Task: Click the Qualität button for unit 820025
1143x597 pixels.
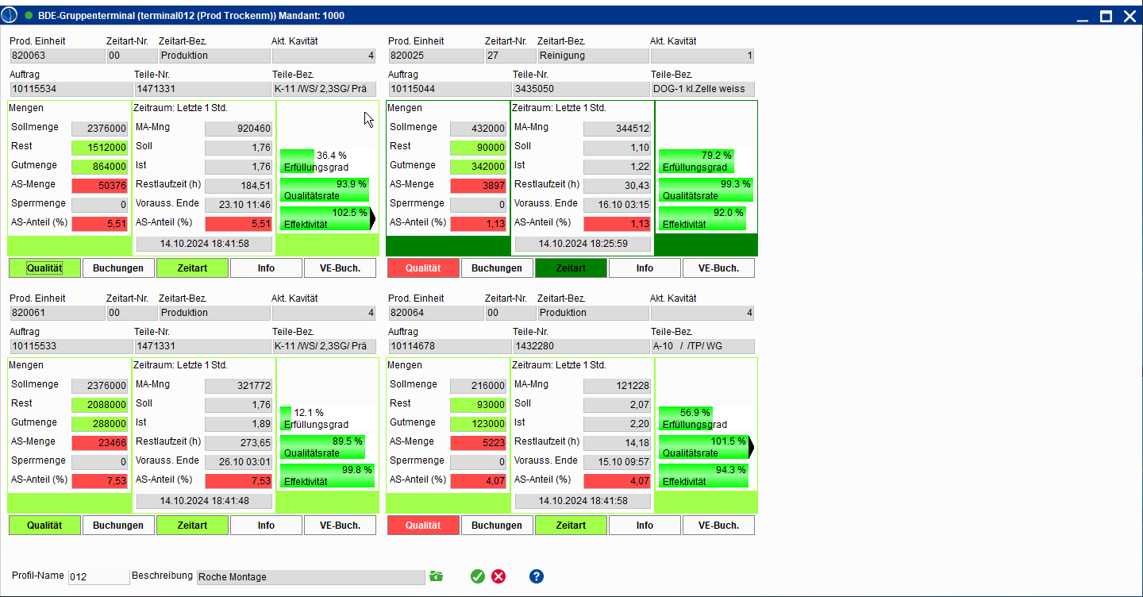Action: click(x=423, y=268)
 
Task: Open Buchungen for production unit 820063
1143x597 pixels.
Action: click(x=118, y=268)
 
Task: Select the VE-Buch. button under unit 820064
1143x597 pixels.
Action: click(x=718, y=526)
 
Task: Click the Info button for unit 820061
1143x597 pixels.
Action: click(x=266, y=526)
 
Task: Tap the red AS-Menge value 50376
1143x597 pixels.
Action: click(x=99, y=186)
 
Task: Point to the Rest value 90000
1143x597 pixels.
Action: click(x=478, y=148)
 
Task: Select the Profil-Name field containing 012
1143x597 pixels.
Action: click(x=98, y=577)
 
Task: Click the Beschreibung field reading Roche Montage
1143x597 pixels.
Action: click(x=310, y=577)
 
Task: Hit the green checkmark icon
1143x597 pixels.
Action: click(x=477, y=576)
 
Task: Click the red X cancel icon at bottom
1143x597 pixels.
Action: click(x=498, y=576)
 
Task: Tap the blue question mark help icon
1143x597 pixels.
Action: click(x=537, y=576)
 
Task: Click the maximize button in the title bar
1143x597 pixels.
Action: click(x=1106, y=16)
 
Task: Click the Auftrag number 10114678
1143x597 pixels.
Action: click(x=449, y=346)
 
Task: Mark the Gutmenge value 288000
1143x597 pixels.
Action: click(x=99, y=424)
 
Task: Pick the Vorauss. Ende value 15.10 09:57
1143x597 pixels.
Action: click(x=617, y=462)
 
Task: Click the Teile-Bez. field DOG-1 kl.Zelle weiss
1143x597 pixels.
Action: click(x=702, y=89)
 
